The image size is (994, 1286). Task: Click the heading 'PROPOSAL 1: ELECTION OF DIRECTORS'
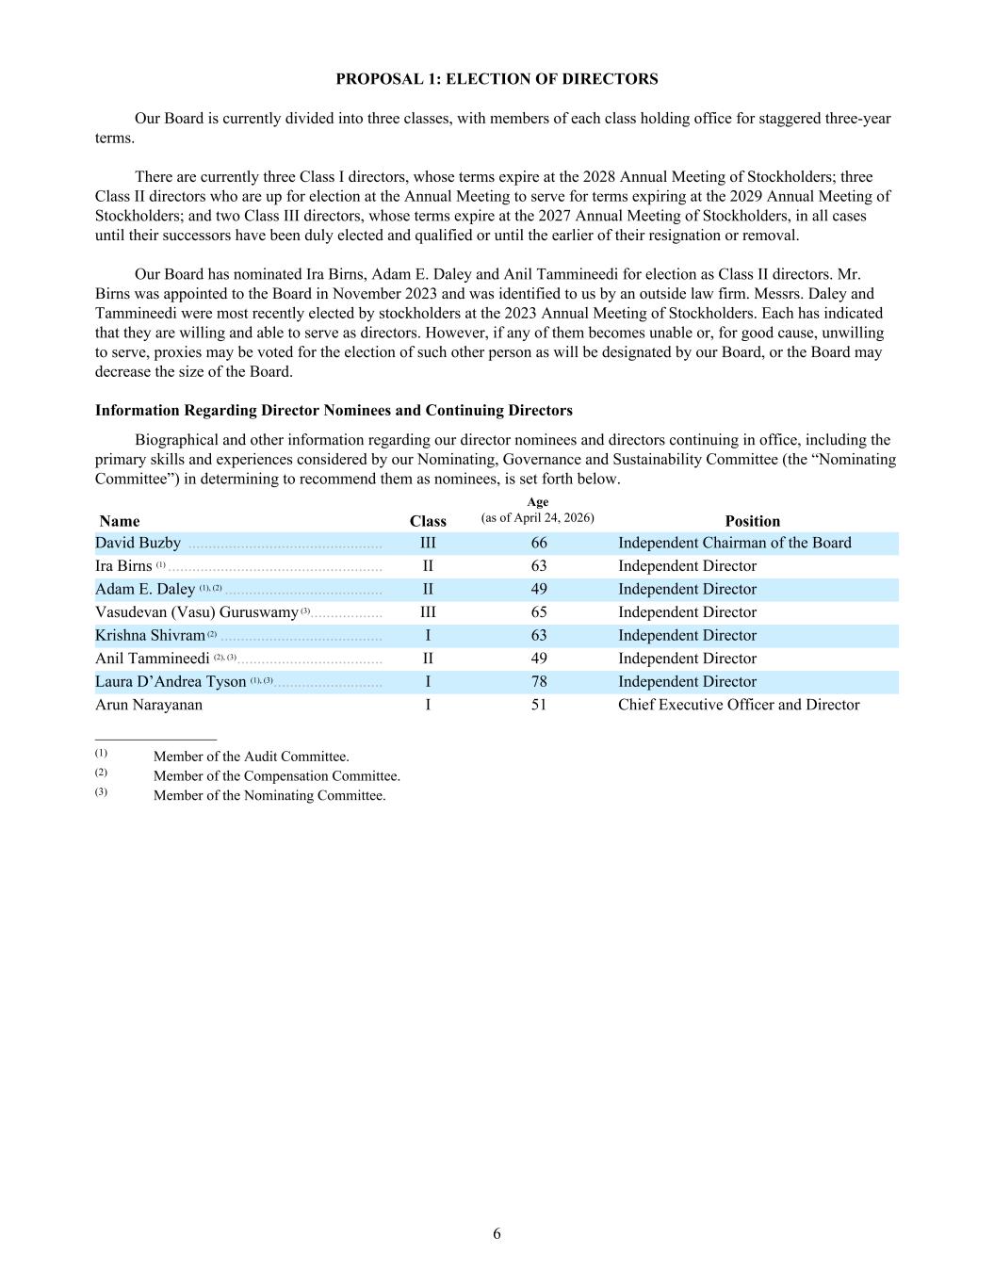(x=497, y=79)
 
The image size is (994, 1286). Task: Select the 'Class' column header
(x=428, y=521)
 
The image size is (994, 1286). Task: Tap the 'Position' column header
(x=752, y=521)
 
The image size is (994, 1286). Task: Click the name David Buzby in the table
(x=139, y=543)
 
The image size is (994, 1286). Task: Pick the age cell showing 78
(x=538, y=681)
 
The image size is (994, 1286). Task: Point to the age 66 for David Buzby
(x=538, y=543)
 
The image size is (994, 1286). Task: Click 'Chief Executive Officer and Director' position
(x=739, y=705)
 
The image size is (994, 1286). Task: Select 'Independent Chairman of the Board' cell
(x=735, y=543)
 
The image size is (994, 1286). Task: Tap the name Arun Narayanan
(x=149, y=705)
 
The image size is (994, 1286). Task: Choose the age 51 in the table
(x=538, y=705)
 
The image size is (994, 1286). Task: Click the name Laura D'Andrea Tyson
(x=171, y=681)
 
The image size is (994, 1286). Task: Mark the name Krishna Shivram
(x=150, y=635)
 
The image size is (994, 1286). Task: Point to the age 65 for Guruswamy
(x=538, y=612)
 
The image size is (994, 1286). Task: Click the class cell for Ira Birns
(x=428, y=566)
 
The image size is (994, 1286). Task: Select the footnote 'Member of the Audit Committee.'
(x=252, y=757)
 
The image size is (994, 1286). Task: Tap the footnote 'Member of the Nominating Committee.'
(x=269, y=795)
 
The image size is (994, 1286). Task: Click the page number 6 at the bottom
(x=497, y=1234)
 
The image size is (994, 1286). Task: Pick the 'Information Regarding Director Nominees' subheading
(x=334, y=411)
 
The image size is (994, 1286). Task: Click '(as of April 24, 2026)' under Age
(x=537, y=518)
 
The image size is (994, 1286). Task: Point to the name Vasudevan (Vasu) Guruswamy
(x=197, y=612)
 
